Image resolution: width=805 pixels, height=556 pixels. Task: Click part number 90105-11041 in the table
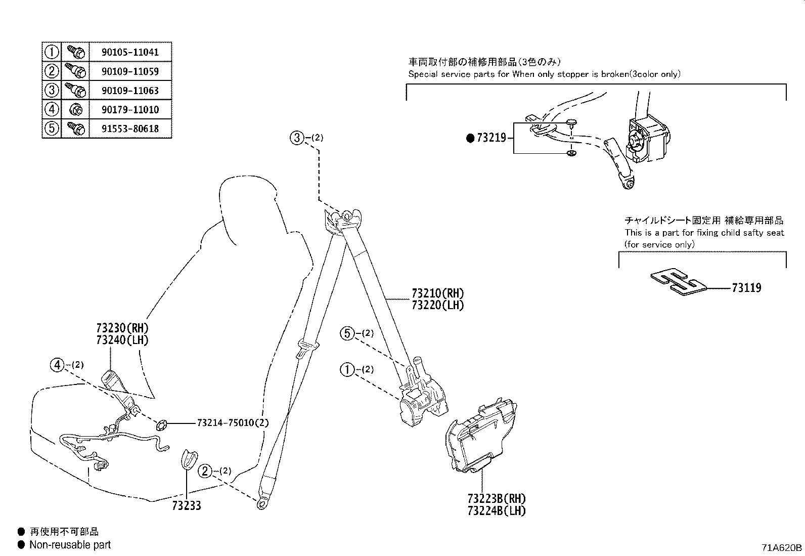tap(130, 52)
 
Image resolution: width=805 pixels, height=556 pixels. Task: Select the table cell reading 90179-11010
tap(130, 110)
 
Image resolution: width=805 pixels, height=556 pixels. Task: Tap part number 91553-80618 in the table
tap(130, 129)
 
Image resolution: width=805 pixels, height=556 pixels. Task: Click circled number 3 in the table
tap(52, 91)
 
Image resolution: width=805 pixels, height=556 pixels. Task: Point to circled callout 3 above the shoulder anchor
tap(297, 137)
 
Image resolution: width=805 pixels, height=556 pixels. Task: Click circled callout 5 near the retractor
tap(347, 333)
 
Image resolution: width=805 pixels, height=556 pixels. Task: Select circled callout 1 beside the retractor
tap(347, 370)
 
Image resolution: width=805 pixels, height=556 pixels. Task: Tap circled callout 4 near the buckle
tap(57, 364)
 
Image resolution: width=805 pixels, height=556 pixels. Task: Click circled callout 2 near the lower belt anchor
tap(205, 471)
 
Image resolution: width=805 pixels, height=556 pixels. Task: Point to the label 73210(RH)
tap(437, 293)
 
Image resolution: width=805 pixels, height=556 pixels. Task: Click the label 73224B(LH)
tap(497, 510)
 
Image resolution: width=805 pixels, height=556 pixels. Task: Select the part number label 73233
tap(186, 505)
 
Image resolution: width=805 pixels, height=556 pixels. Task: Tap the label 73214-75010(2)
tap(233, 422)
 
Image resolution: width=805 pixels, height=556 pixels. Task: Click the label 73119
tap(746, 288)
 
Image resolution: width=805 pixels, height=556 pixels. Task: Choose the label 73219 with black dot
tap(490, 138)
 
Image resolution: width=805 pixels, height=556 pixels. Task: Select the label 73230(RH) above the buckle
tap(122, 328)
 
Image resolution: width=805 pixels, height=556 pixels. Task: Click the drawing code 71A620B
tap(782, 547)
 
